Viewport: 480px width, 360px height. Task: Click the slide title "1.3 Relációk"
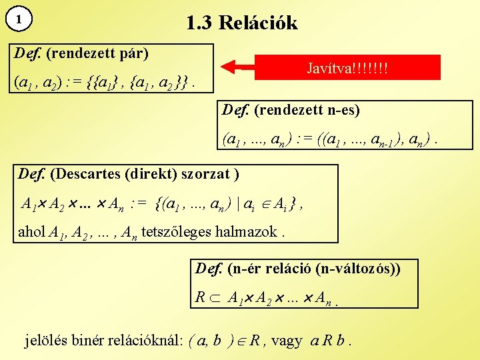[x=242, y=23]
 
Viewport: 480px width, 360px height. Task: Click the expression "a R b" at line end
[x=327, y=341]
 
